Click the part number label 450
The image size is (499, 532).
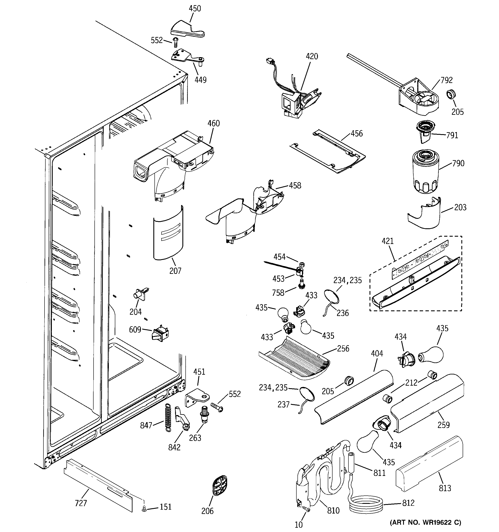coord(195,9)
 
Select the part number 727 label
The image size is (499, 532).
coord(81,503)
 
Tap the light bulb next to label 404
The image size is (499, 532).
coord(431,355)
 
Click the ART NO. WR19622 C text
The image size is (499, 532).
coord(425,522)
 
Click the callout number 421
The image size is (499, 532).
coord(387,241)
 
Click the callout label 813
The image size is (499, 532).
coord(445,488)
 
